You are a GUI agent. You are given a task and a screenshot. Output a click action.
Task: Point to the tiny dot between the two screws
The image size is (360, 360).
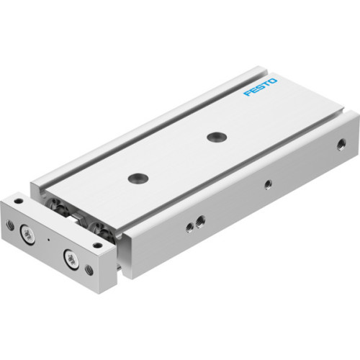[49, 238]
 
